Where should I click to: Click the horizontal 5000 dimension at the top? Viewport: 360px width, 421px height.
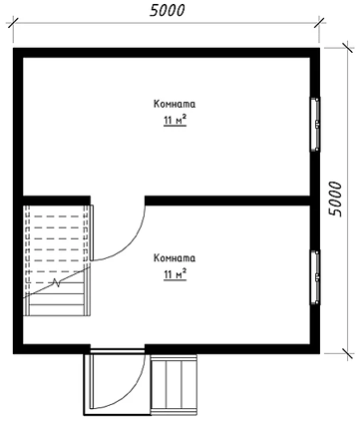coord(167,11)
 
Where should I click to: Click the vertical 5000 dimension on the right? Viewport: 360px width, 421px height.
coord(335,199)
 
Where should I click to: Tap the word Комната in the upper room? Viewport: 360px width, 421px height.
coord(175,104)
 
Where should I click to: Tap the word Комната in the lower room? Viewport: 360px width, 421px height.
coord(175,258)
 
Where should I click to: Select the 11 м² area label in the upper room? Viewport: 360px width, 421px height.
coord(175,120)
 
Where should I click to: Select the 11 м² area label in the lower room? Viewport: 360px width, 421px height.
coord(175,274)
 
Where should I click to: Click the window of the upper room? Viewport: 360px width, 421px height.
coord(315,125)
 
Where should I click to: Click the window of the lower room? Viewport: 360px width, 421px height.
coord(315,277)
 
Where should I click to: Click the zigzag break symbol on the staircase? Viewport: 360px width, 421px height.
coord(57,283)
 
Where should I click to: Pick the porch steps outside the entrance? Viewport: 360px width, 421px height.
coord(174,384)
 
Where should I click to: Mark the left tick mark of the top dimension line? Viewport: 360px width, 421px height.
coord(13,23)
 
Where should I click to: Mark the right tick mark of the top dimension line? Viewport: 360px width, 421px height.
coord(320,23)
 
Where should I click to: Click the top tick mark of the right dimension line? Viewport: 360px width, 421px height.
coord(348,48)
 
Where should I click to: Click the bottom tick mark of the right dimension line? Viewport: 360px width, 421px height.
coord(348,354)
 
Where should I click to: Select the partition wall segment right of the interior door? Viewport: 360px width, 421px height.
coord(227,201)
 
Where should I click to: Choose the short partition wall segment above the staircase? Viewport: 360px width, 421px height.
coord(57,201)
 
